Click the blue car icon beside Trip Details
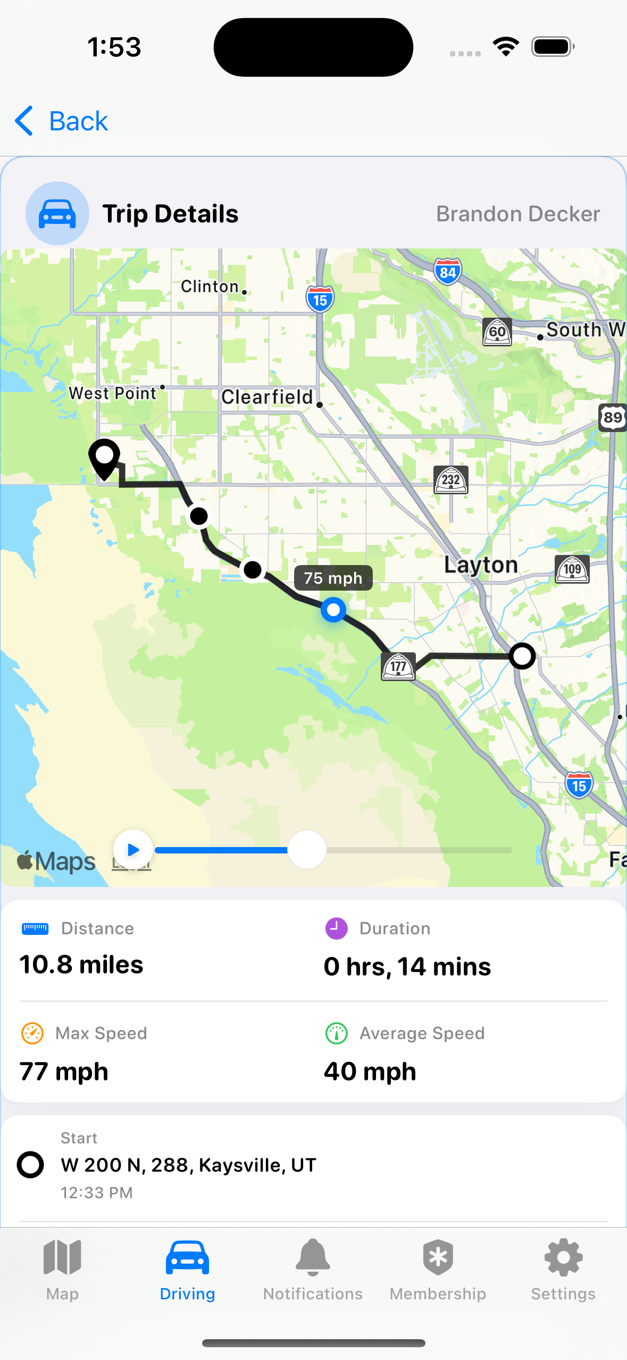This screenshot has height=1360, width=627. click(x=57, y=213)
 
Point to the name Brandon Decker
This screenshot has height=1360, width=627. click(x=518, y=214)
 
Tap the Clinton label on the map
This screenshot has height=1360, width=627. click(x=210, y=287)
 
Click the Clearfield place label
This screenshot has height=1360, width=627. click(x=267, y=397)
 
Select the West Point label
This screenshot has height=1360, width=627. click(x=113, y=393)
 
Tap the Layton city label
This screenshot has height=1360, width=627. click(x=481, y=565)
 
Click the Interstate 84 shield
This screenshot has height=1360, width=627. click(x=447, y=272)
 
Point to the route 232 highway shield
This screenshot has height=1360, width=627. click(x=451, y=480)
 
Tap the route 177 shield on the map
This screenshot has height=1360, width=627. click(x=398, y=667)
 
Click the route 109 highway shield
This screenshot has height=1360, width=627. click(x=572, y=569)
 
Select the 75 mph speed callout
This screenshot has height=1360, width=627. click(x=333, y=578)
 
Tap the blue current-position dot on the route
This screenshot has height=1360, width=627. click(x=333, y=610)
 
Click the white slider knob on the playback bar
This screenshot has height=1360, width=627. click(x=307, y=850)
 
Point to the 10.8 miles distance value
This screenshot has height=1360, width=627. click(x=81, y=965)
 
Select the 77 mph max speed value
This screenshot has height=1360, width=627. click(x=64, y=1072)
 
